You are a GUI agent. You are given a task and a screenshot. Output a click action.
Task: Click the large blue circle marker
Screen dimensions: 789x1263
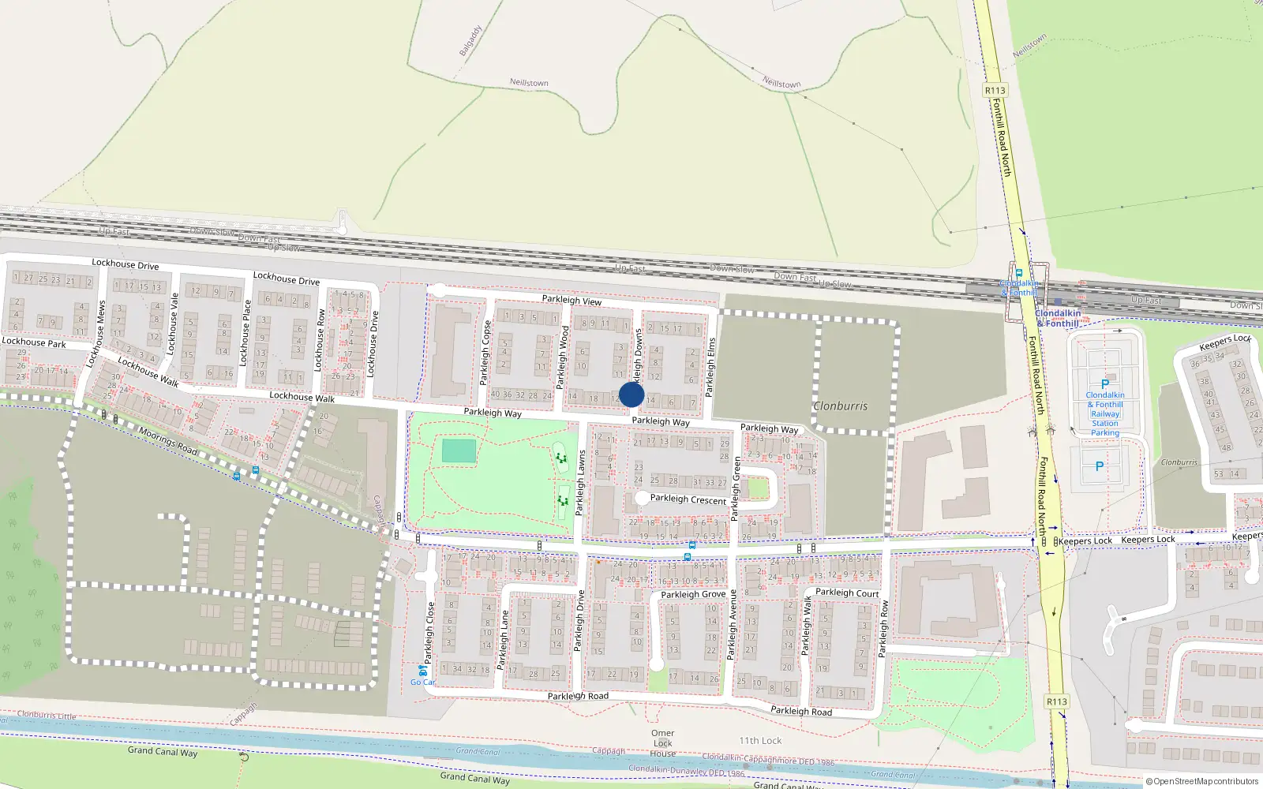[631, 394]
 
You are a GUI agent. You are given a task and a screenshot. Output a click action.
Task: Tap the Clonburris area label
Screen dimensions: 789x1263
[840, 406]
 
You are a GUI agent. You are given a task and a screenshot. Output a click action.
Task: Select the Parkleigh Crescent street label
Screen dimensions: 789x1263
[688, 499]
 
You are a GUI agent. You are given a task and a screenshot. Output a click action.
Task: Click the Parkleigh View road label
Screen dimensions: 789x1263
[572, 300]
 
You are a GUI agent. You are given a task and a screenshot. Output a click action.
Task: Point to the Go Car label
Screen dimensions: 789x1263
[422, 682]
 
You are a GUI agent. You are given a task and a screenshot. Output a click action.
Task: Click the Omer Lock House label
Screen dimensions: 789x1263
[663, 743]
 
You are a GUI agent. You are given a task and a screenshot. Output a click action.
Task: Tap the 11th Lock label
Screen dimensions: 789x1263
[760, 741]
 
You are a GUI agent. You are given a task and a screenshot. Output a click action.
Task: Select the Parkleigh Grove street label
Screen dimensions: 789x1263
[693, 594]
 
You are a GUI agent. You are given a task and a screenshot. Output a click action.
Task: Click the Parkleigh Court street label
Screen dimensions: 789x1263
[846, 593]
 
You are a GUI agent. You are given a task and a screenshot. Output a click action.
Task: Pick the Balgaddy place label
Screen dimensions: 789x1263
[470, 41]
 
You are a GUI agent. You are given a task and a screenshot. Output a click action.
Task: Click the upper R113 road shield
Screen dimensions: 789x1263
[995, 91]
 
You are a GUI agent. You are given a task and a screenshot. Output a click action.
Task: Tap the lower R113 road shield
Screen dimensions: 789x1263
[1056, 701]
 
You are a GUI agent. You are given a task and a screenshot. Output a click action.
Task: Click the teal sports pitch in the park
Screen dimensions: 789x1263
[459, 451]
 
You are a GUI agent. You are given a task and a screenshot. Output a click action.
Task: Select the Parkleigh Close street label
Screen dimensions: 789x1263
[430, 633]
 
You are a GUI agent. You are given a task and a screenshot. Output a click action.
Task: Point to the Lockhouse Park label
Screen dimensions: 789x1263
[34, 342]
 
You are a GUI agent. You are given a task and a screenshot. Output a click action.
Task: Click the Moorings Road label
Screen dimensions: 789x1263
[167, 440]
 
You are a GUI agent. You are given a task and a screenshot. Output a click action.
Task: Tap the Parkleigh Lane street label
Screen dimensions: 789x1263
[503, 640]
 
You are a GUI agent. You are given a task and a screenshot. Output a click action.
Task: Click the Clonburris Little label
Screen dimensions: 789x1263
[47, 716]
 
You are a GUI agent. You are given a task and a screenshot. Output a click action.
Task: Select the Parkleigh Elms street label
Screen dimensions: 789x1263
[710, 367]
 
